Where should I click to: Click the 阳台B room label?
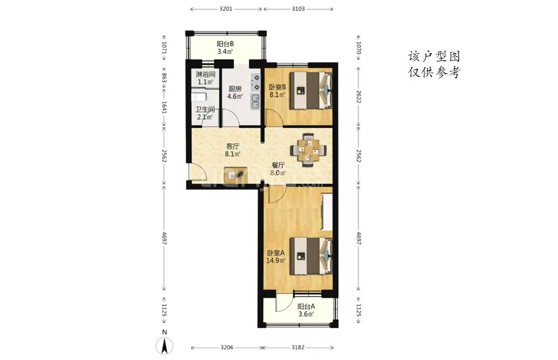(x=225, y=44)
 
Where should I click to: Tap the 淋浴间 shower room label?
(x=205, y=75)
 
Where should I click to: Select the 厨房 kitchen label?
(x=235, y=89)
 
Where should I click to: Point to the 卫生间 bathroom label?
(x=205, y=109)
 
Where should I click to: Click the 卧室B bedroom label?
(x=277, y=87)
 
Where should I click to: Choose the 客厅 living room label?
(x=233, y=146)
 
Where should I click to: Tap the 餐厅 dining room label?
(x=278, y=165)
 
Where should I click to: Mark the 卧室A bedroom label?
(x=276, y=253)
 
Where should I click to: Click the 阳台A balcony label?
(x=306, y=306)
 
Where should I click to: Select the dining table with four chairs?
(x=309, y=150)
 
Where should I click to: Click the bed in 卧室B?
(x=311, y=90)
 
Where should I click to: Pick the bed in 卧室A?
(x=311, y=256)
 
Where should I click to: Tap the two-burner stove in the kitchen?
(x=255, y=82)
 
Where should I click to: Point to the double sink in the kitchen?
(x=255, y=102)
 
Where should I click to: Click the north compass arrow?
(x=164, y=346)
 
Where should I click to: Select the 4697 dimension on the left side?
(x=164, y=238)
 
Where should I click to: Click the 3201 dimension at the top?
(x=226, y=9)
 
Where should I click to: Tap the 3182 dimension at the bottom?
(x=298, y=347)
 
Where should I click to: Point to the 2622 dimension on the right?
(x=358, y=96)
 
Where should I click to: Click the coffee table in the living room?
(x=236, y=174)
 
